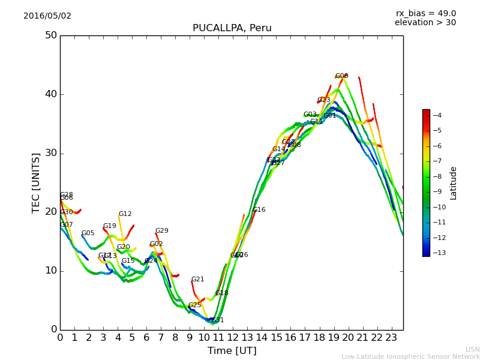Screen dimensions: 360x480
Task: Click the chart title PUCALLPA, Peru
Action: pos(232,28)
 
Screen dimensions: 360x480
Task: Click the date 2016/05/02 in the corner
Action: pos(47,16)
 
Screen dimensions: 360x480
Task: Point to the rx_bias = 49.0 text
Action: pos(425,14)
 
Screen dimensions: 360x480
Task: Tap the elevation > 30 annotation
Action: pos(425,23)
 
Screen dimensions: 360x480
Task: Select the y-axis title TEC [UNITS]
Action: pos(36,182)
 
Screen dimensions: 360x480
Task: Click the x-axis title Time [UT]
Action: pos(232,351)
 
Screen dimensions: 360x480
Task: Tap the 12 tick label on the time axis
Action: pos(233,338)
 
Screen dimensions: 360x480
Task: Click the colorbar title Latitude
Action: pos(454,182)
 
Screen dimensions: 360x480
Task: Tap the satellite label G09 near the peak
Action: pos(341,76)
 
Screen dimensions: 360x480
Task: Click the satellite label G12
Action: pos(125,214)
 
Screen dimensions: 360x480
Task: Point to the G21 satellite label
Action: pos(197,280)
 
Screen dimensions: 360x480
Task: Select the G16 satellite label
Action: pos(259,210)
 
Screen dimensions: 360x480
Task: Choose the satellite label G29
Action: pos(161,231)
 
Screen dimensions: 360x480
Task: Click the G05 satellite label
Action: pos(88,233)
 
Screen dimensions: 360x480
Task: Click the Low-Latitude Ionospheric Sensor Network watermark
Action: pos(410,357)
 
